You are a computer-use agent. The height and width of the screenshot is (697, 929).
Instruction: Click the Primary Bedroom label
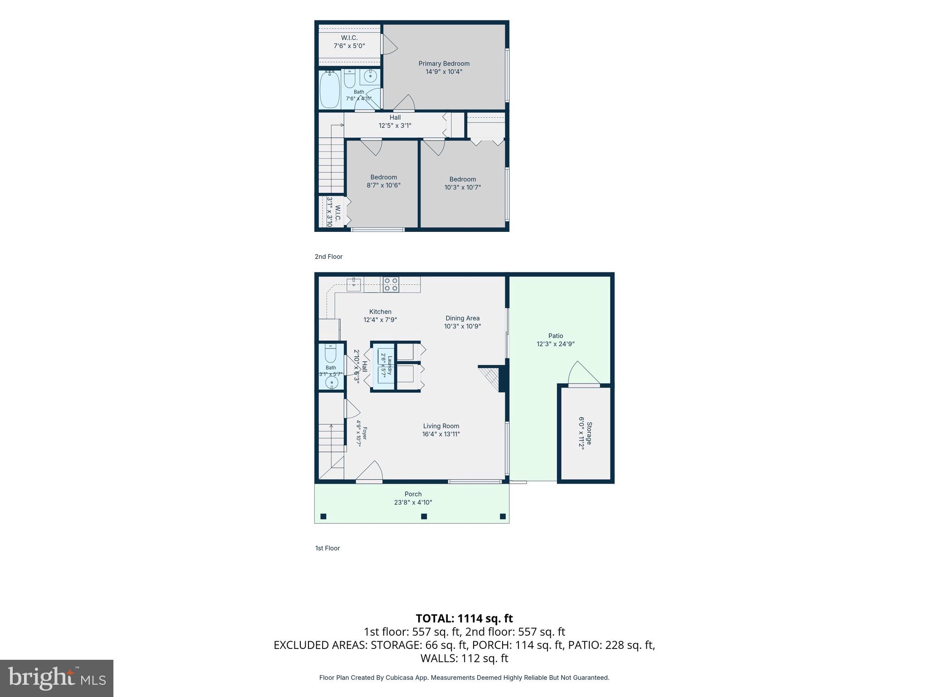[x=444, y=64]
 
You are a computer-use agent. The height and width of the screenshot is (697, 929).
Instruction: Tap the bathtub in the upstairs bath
[x=330, y=89]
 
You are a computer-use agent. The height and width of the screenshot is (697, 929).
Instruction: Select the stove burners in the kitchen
[x=391, y=285]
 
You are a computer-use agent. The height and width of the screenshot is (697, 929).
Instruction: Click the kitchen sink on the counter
[x=354, y=285]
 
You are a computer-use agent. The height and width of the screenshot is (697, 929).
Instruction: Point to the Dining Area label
[x=462, y=318]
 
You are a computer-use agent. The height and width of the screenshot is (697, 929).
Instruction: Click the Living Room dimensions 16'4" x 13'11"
[x=441, y=434]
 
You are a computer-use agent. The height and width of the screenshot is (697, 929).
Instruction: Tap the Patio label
[x=556, y=336]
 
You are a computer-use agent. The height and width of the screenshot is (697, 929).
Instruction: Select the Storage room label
[x=589, y=433]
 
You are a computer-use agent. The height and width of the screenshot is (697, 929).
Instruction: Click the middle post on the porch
[x=424, y=516]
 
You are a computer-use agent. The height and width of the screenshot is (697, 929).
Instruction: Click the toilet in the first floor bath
[x=331, y=353]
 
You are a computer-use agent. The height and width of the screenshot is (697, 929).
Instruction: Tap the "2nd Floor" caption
[x=328, y=256]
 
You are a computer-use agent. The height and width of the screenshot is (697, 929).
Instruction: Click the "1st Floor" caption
[x=328, y=548]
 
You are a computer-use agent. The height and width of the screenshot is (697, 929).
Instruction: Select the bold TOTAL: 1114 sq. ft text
[x=464, y=618]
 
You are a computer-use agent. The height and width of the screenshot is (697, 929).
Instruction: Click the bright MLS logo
[x=57, y=678]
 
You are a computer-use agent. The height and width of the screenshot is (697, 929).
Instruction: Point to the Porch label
[x=413, y=494]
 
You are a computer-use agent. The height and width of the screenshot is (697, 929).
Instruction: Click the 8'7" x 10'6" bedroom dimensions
[x=383, y=185]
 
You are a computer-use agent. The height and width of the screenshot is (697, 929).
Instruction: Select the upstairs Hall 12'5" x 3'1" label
[x=395, y=122]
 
